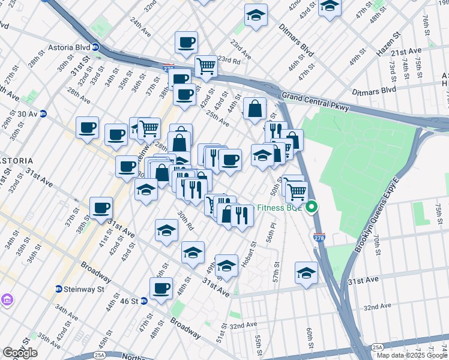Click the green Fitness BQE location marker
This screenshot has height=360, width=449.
point(312,208)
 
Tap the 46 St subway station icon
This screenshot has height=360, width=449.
point(144,301)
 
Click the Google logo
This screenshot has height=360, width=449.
point(20,352)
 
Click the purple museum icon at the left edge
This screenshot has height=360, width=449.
point(7,299)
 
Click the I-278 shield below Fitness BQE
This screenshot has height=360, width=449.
point(319,238)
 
